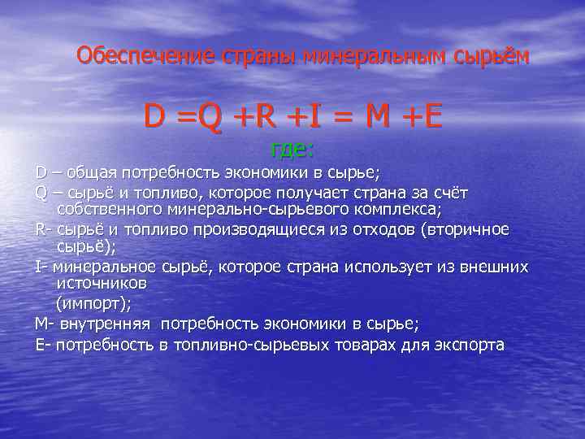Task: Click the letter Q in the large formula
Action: click(210, 119)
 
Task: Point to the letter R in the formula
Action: click(265, 119)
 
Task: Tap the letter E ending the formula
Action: click(433, 119)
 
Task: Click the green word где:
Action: click(292, 150)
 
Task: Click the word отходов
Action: click(355, 230)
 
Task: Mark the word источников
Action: click(102, 284)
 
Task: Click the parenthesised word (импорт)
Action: click(92, 303)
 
